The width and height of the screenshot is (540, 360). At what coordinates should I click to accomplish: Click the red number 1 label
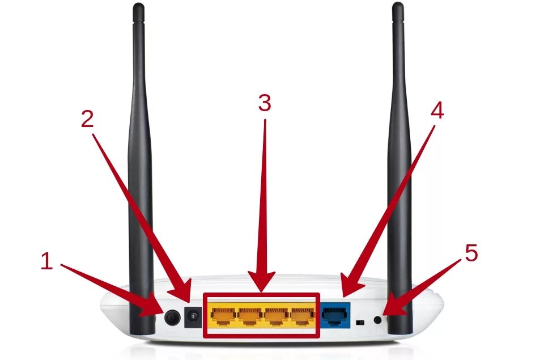pyautogui.click(x=47, y=261)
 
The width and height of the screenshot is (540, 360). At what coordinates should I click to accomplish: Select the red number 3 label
pyautogui.click(x=264, y=103)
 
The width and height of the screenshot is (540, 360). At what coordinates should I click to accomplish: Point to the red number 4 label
pyautogui.click(x=437, y=111)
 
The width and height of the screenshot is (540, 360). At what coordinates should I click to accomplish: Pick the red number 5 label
pyautogui.click(x=471, y=253)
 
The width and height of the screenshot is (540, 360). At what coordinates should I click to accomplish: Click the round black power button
pyautogui.click(x=171, y=317)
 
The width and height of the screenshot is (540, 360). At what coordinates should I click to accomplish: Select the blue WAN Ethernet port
pyautogui.click(x=335, y=315)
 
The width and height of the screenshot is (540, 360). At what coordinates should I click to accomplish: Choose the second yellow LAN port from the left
pyautogui.click(x=249, y=315)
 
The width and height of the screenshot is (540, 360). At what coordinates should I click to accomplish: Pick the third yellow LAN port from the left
pyautogui.click(x=276, y=315)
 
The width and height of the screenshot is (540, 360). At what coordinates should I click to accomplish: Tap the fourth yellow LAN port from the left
pyautogui.click(x=302, y=315)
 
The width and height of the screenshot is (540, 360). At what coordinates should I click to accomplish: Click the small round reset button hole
pyautogui.click(x=379, y=321)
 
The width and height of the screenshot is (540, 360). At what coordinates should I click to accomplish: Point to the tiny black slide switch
pyautogui.click(x=359, y=322)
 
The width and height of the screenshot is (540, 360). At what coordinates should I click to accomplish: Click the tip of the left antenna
pyautogui.click(x=138, y=7)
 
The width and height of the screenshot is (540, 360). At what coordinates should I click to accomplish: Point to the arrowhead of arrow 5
pyautogui.click(x=387, y=314)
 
